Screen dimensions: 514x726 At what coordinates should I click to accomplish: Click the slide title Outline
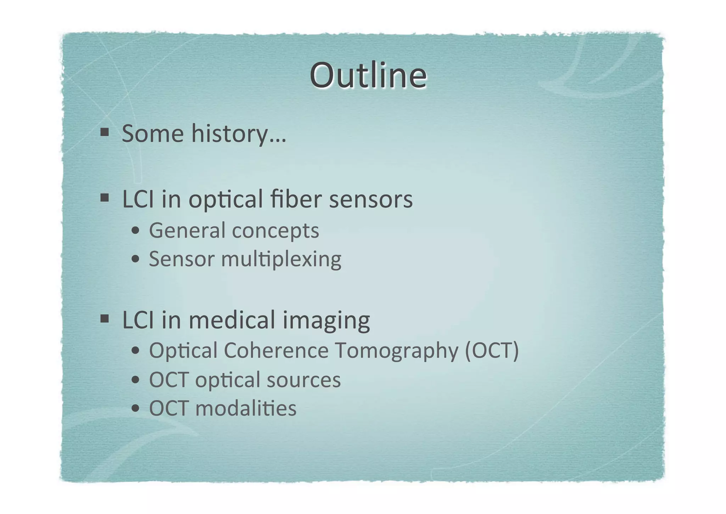click(x=368, y=76)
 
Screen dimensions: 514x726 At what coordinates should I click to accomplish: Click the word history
click(x=239, y=134)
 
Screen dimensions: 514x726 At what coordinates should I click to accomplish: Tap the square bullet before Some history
click(x=104, y=132)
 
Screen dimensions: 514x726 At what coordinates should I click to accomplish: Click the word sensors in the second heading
click(x=371, y=199)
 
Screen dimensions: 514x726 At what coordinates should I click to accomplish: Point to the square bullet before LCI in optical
click(x=104, y=197)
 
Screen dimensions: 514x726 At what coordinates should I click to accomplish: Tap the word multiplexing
click(x=281, y=259)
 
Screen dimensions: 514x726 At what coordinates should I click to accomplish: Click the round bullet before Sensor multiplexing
click(x=135, y=259)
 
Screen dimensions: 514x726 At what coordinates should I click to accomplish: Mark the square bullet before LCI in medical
click(x=104, y=318)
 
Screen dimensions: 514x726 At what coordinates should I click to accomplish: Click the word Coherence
click(x=276, y=350)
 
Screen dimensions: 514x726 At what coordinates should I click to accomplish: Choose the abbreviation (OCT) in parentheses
click(x=492, y=350)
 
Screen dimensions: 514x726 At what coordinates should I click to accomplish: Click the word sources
click(x=303, y=380)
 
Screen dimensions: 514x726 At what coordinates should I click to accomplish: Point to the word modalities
click(x=246, y=408)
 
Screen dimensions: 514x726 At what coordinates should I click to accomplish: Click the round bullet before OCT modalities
click(x=135, y=409)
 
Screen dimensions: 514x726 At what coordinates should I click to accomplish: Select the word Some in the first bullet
click(x=153, y=134)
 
